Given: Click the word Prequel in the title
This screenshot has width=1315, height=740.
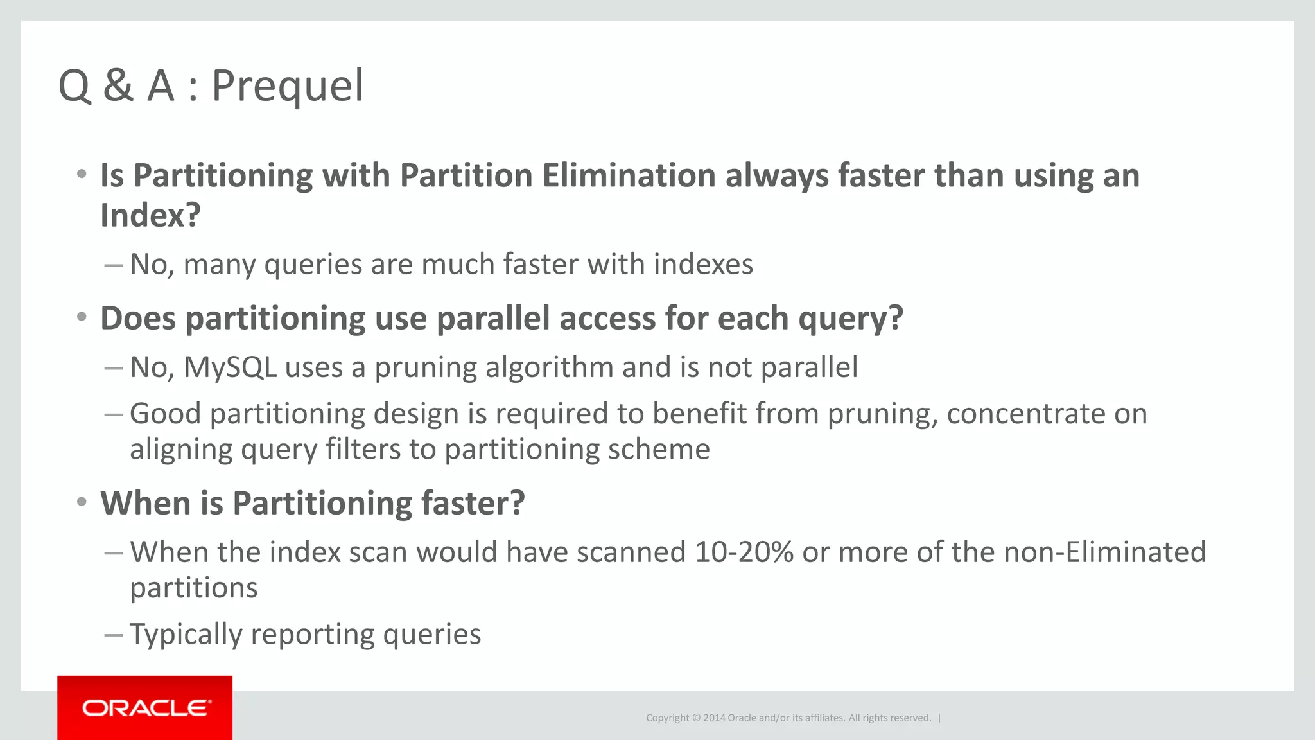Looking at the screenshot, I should pyautogui.click(x=288, y=86).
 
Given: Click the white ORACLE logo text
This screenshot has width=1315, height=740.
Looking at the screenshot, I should pyautogui.click(x=146, y=708).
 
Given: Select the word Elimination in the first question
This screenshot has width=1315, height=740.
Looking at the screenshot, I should pyautogui.click(x=629, y=175).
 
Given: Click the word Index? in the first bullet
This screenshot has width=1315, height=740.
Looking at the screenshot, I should pyautogui.click(x=150, y=215).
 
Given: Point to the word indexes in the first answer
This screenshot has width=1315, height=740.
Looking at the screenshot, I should pyautogui.click(x=703, y=264).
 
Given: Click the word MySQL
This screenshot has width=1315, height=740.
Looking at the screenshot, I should pyautogui.click(x=230, y=367).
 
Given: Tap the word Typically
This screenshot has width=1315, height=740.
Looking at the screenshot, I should pyautogui.click(x=186, y=635).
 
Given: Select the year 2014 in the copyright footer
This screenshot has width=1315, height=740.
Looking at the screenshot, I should pyautogui.click(x=714, y=718).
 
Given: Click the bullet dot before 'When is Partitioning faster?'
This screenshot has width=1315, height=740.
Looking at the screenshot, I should pyautogui.click(x=82, y=502).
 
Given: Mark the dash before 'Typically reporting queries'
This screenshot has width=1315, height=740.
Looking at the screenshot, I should pyautogui.click(x=113, y=635).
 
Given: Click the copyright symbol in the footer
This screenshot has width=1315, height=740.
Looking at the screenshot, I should pyautogui.click(x=695, y=718).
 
